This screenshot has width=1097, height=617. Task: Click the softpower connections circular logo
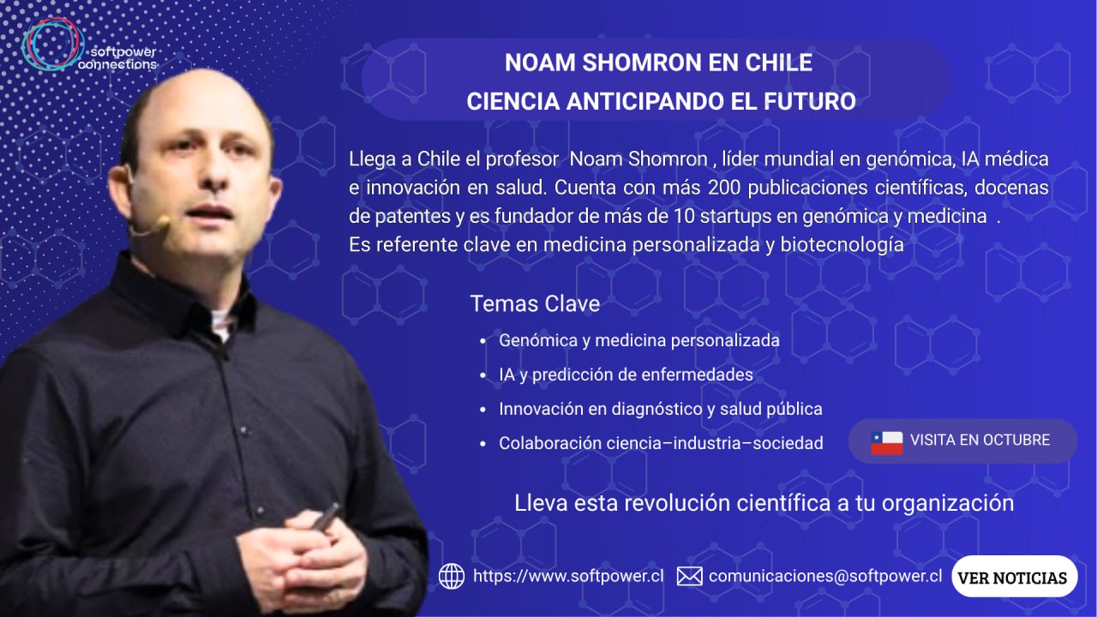tap(53, 45)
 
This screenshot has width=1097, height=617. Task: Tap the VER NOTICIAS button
tap(1014, 577)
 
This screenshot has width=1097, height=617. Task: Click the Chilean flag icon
tap(887, 443)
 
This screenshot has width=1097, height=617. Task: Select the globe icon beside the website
tap(452, 576)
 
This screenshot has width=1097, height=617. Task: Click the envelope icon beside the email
tap(690, 577)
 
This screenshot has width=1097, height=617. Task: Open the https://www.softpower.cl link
tap(568, 576)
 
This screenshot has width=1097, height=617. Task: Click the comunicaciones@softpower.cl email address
tap(825, 576)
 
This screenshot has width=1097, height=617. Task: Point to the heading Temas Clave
tap(535, 303)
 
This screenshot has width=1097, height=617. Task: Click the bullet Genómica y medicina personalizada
tap(639, 340)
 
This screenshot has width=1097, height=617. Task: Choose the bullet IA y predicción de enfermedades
tap(626, 374)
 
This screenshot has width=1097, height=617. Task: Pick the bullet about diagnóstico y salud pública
tap(661, 409)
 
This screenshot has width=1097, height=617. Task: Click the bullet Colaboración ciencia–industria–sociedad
tap(661, 443)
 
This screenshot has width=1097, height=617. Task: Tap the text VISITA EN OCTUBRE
tap(980, 440)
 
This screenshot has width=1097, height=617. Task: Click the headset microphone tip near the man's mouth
tap(163, 222)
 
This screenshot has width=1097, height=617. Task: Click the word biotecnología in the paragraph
tap(842, 245)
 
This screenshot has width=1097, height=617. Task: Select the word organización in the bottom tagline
tap(948, 504)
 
